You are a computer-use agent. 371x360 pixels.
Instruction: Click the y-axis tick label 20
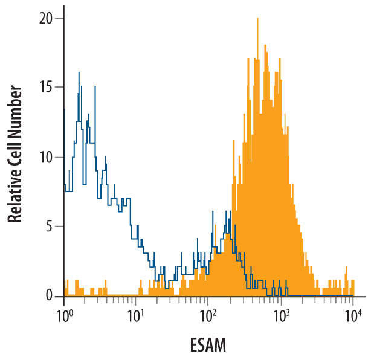tap(45, 19)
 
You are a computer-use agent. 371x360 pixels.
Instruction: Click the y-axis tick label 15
tap(46, 87)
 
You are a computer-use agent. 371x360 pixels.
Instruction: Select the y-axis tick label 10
tap(46, 158)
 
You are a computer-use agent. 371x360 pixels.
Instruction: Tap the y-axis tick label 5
tap(49, 227)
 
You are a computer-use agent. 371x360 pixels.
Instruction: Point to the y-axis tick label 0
tap(49, 295)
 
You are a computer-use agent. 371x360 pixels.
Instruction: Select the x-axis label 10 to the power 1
tap(135, 317)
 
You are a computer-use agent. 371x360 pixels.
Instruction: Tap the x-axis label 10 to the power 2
tap(208, 317)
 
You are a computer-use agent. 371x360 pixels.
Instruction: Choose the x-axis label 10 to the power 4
tap(353, 317)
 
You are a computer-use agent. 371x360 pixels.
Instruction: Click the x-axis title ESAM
tap(208, 345)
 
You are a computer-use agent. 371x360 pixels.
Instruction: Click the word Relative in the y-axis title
tap(15, 193)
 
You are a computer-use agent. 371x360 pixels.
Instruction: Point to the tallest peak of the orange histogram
tap(257, 19)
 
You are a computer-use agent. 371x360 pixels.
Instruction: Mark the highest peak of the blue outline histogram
tap(79, 72)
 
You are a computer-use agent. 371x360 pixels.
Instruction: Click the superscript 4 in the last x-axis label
tap(360, 313)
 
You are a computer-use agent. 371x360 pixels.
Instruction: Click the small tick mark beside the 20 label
tap(60, 19)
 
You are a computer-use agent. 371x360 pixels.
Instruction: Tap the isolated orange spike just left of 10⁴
tap(346, 267)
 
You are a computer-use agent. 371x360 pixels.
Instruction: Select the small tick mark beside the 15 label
tap(60, 87)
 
